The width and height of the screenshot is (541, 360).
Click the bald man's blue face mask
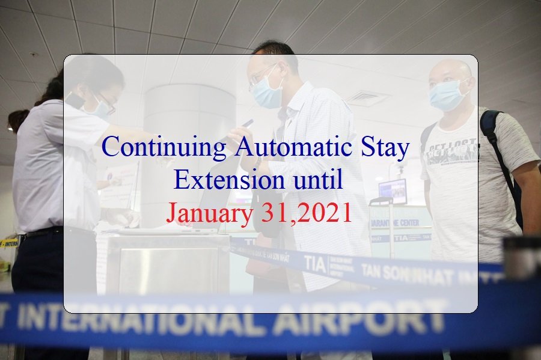pos(447,95)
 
